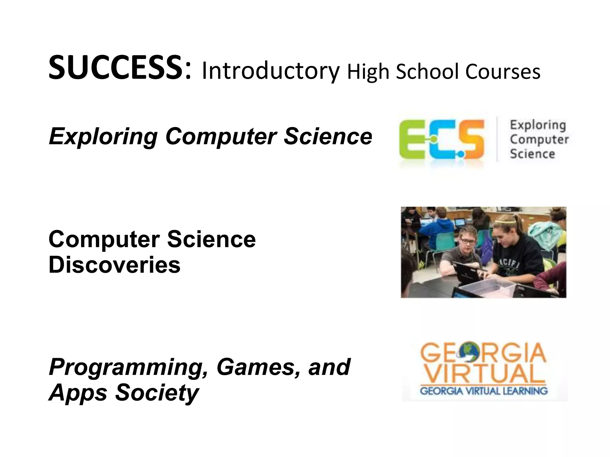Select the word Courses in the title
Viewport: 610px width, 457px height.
(503, 72)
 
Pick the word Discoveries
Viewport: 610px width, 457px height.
(114, 265)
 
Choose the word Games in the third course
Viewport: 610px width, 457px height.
(258, 367)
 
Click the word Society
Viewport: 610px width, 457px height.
(157, 393)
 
